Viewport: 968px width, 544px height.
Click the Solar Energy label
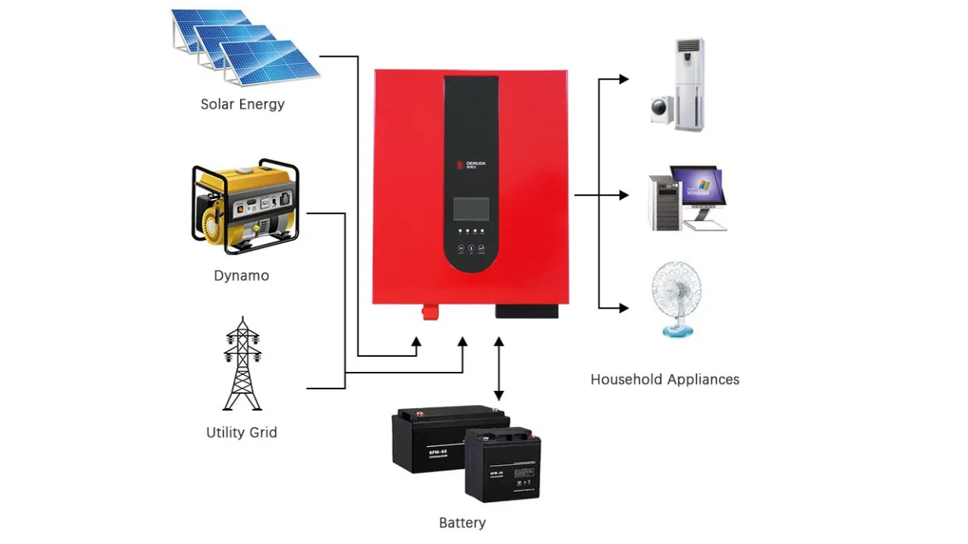pos(242,104)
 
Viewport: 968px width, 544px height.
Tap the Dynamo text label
pos(241,276)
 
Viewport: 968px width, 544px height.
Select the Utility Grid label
pos(242,433)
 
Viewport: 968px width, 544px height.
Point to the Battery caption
pos(462,523)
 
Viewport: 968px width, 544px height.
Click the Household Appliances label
pos(665,380)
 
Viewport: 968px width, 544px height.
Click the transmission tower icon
pos(242,364)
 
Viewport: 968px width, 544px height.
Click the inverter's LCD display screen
pos(471,208)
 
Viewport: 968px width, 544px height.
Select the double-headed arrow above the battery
pos(498,368)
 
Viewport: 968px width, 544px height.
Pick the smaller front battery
pos(501,465)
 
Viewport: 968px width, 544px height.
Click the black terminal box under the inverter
pos(527,311)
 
